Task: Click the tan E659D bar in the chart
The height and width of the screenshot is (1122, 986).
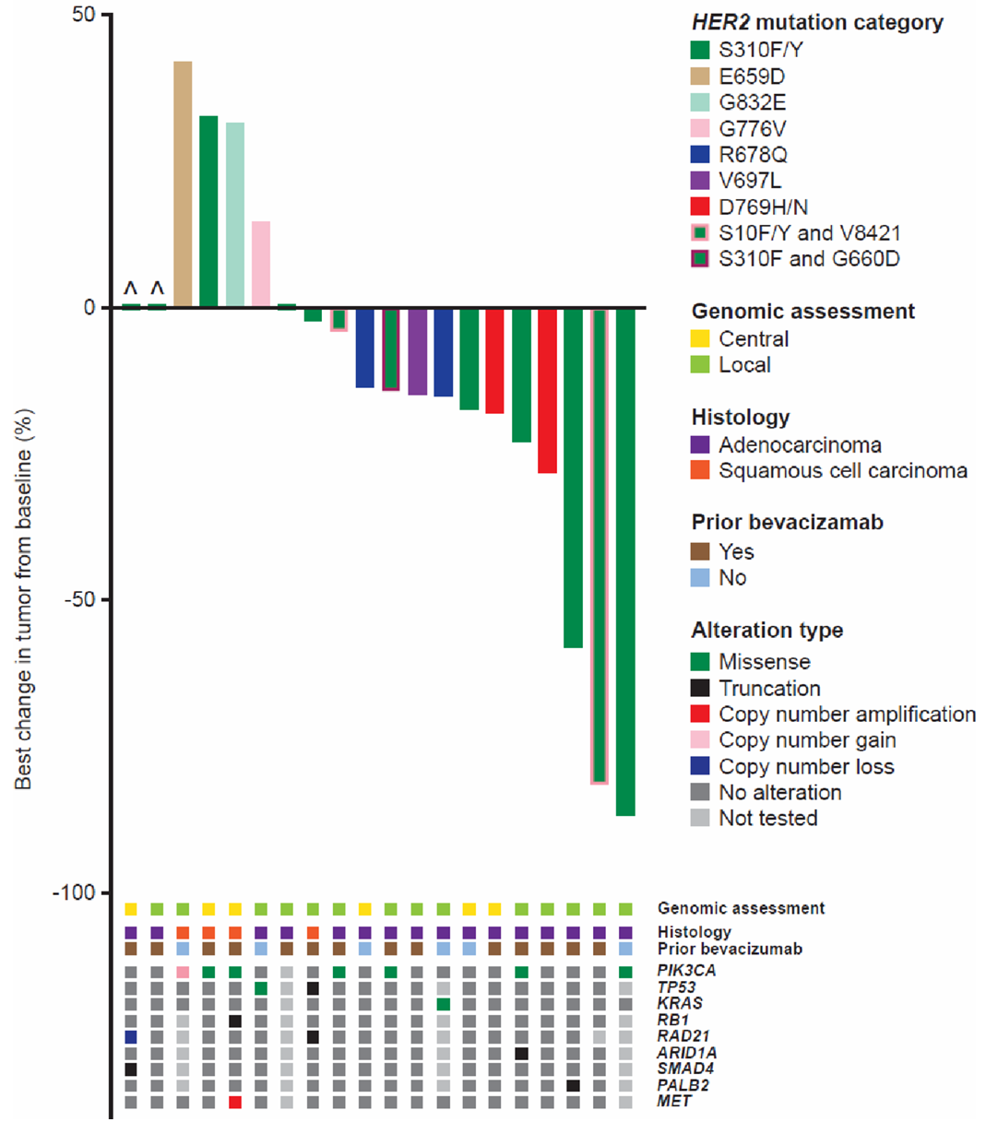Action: click(x=183, y=184)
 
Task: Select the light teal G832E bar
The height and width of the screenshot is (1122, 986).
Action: click(x=235, y=214)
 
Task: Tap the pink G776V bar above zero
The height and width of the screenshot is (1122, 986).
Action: click(x=261, y=264)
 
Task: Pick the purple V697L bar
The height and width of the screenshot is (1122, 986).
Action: click(x=418, y=351)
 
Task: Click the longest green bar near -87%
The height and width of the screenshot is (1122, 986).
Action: click(x=625, y=561)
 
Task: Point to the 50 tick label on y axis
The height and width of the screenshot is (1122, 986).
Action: click(x=85, y=16)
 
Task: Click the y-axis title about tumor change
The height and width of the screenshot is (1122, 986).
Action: click(x=24, y=599)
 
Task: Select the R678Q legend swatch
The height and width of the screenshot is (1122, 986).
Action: click(x=700, y=155)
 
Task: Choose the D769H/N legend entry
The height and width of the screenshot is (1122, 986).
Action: click(x=763, y=207)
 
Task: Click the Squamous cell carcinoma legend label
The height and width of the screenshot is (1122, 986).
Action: click(x=842, y=471)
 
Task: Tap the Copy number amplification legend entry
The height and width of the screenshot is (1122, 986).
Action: click(x=847, y=715)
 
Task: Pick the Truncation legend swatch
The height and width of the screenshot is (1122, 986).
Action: click(x=700, y=688)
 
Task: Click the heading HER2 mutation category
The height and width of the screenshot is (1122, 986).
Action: click(x=817, y=22)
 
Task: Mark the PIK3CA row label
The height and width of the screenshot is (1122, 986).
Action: click(x=686, y=971)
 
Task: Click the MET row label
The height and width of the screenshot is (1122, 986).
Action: click(x=674, y=1102)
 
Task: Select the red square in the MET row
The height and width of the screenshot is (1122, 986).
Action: click(x=235, y=1102)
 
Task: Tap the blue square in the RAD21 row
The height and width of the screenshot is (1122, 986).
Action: click(x=131, y=1037)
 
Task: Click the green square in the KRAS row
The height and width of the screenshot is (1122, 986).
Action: click(x=444, y=1004)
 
